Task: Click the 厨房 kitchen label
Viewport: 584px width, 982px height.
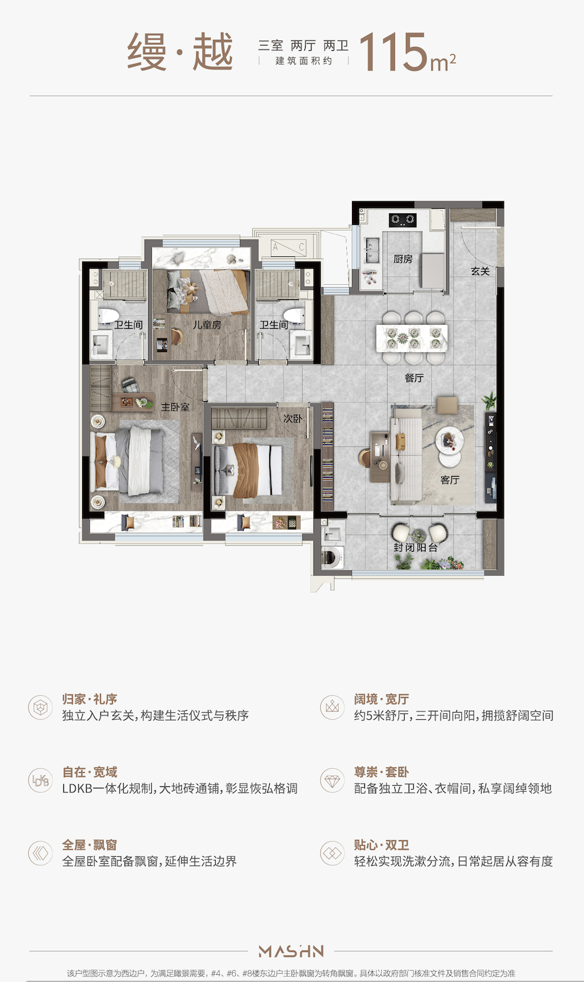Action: click(403, 259)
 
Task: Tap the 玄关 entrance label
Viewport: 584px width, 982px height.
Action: click(480, 271)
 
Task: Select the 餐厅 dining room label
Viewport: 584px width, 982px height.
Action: click(414, 378)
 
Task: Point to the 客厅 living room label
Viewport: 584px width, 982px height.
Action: click(450, 480)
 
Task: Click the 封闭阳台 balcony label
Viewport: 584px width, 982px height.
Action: click(415, 547)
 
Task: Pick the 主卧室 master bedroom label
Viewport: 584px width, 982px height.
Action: click(175, 407)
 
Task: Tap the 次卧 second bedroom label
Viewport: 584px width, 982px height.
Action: click(293, 419)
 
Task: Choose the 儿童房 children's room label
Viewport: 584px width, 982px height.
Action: click(207, 324)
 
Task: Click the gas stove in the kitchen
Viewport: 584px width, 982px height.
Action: click(403, 220)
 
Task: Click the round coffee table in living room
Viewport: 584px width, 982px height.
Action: click(449, 441)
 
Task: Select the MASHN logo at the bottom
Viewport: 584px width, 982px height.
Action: click(291, 951)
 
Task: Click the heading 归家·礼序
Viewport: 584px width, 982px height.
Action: click(90, 700)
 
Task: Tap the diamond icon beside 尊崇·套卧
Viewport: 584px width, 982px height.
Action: click(332, 780)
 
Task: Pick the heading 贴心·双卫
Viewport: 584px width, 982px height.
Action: click(381, 845)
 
